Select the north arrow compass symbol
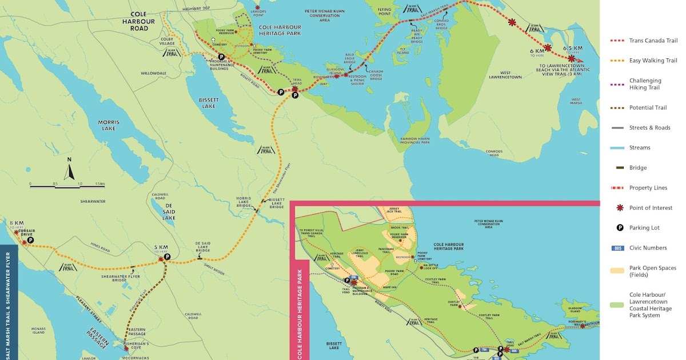tap(69, 170)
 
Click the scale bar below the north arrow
tap(67, 186)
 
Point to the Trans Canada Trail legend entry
tap(653, 41)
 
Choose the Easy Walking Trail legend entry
tap(653, 61)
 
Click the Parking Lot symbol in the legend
tap(619, 228)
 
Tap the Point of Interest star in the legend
tap(619, 208)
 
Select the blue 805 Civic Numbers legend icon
tap(617, 248)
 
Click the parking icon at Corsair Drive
tap(30, 241)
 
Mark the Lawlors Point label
tap(258, 15)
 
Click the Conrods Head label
tap(493, 153)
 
